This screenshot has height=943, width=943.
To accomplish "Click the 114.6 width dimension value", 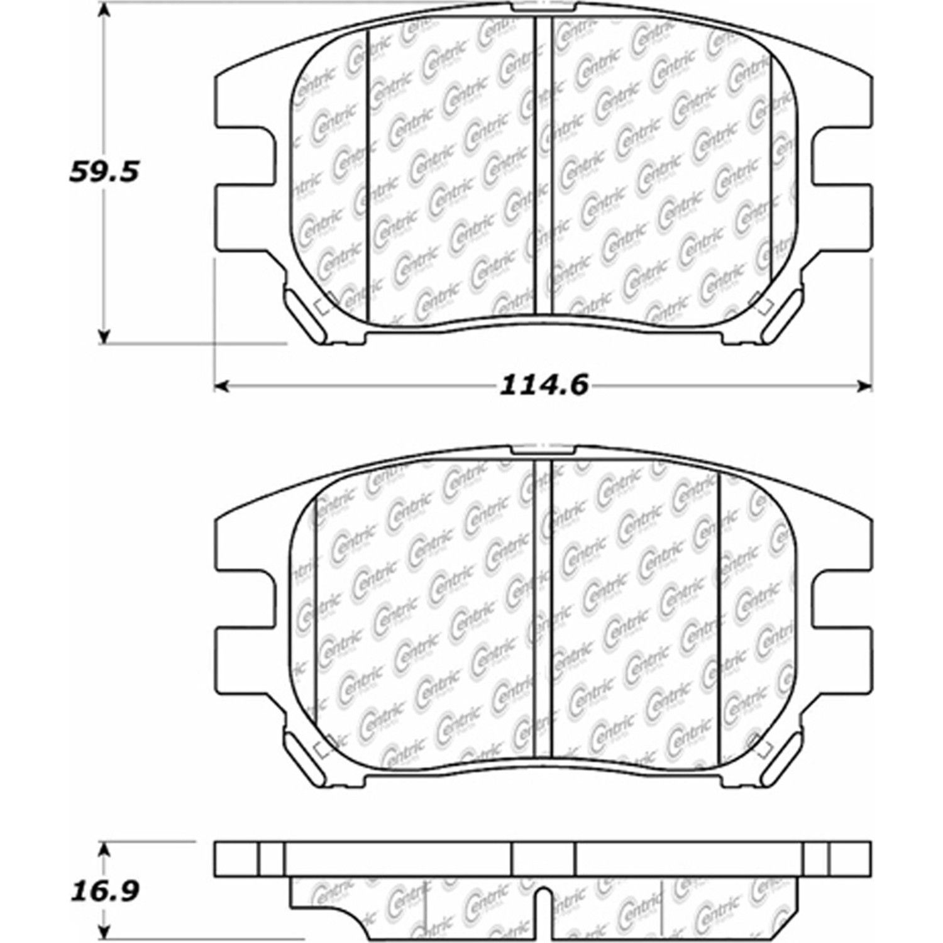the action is tap(544, 385).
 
